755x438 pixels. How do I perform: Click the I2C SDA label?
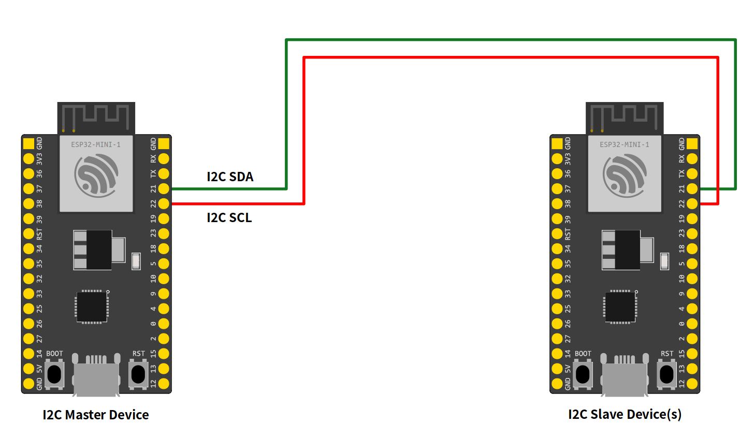[x=230, y=177]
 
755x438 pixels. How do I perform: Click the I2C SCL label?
[x=229, y=217]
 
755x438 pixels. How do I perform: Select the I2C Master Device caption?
[x=96, y=415]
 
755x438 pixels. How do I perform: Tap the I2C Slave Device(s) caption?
[x=625, y=414]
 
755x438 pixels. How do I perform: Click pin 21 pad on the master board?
[x=164, y=188]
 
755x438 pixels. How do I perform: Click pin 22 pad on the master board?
[x=164, y=203]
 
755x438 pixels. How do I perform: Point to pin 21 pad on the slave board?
[x=692, y=188]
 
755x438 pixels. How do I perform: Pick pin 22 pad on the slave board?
[x=692, y=203]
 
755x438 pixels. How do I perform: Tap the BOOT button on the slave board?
[x=583, y=374]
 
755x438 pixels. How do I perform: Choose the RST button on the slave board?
[x=667, y=374]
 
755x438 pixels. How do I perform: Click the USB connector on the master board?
[x=96, y=378]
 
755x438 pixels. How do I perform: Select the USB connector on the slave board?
[x=625, y=378]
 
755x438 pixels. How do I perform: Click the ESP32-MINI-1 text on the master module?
[x=96, y=144]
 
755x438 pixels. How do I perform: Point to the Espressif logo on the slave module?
[x=625, y=176]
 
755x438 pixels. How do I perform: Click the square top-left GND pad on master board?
[x=29, y=143]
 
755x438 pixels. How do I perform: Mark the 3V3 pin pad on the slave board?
[x=557, y=158]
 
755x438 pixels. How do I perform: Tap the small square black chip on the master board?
[x=92, y=307]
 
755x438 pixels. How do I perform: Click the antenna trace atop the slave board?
[x=624, y=117]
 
